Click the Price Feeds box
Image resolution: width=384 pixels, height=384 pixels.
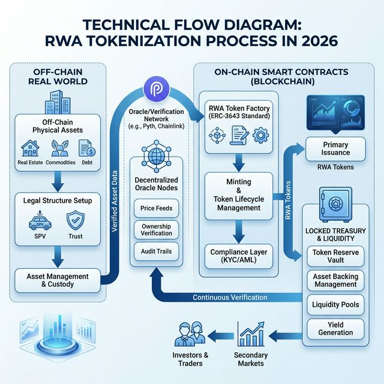(155, 208)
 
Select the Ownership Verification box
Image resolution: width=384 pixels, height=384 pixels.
(155, 229)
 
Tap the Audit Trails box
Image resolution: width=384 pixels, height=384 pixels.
(155, 251)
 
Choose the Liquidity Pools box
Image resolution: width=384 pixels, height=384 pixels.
(335, 305)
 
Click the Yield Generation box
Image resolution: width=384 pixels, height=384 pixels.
(335, 328)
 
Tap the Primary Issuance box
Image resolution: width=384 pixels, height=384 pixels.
(335, 149)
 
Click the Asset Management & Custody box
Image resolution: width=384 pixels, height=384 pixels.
(58, 280)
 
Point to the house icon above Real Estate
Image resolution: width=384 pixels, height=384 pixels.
(31, 147)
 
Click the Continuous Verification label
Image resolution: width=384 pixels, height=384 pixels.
(229, 298)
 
